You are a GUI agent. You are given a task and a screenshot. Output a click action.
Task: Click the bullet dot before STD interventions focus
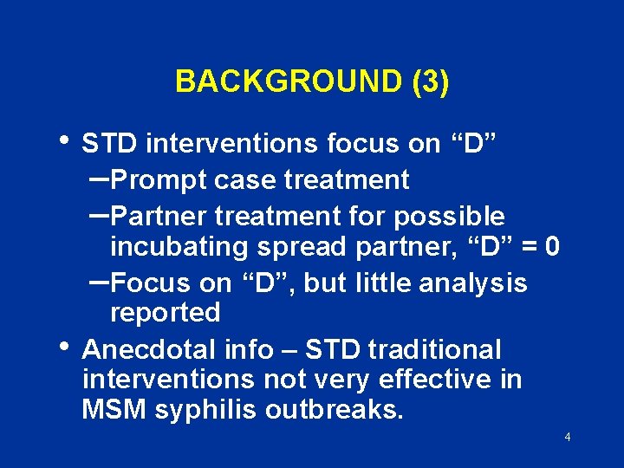click(x=69, y=140)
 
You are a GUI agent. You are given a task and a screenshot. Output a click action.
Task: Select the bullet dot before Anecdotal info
click(x=69, y=344)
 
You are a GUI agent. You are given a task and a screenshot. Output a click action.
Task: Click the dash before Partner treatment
click(x=99, y=213)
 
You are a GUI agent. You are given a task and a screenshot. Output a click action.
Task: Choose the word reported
click(x=165, y=312)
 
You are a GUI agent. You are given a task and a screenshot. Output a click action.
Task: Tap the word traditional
click(x=434, y=350)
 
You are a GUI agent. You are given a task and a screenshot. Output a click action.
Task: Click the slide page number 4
click(x=567, y=438)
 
